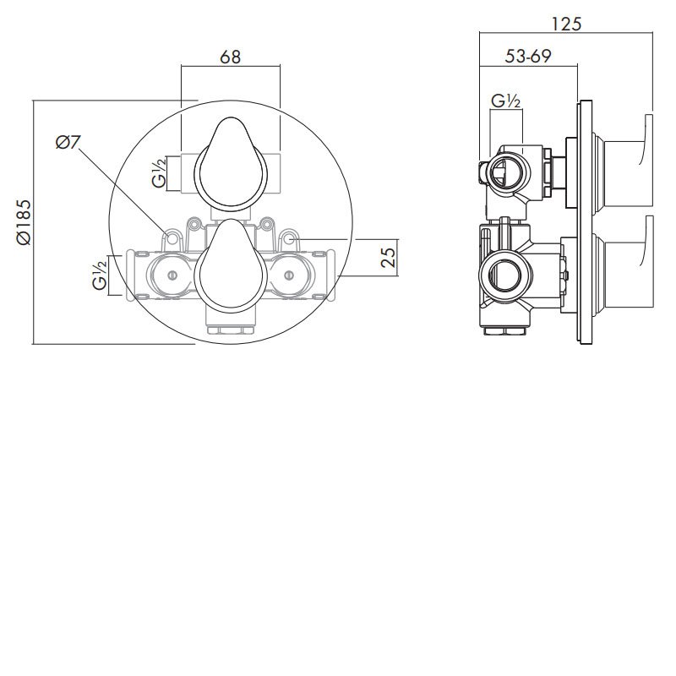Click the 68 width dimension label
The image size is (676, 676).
point(230,57)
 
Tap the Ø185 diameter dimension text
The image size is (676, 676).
point(23,221)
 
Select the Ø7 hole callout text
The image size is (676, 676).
point(68,143)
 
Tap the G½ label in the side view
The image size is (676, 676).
point(505,102)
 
